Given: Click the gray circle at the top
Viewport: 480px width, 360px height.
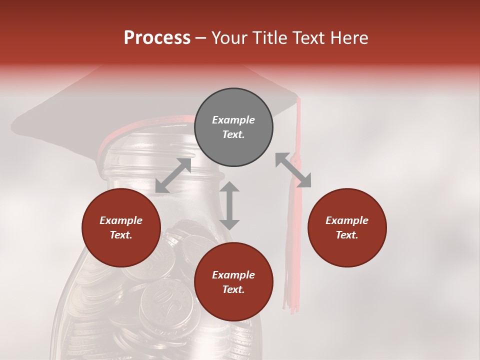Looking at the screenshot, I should click(x=233, y=127).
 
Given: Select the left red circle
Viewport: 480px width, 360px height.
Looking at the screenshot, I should click(x=121, y=227).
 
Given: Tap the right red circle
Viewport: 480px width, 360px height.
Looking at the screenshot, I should click(x=347, y=227).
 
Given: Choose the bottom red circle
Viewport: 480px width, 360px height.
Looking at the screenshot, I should click(x=233, y=282).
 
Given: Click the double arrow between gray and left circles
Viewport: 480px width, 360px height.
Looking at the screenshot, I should click(x=173, y=175).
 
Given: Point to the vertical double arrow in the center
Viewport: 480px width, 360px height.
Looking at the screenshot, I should click(x=229, y=205).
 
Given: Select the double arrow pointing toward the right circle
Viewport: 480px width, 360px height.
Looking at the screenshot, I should click(x=293, y=170).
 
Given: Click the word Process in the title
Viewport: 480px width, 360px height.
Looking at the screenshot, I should click(x=157, y=37).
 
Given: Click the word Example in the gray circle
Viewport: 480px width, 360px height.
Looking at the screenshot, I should click(x=233, y=120).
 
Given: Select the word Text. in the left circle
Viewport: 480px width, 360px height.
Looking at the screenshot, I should click(x=121, y=235).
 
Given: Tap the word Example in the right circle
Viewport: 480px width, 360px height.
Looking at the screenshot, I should click(x=347, y=220).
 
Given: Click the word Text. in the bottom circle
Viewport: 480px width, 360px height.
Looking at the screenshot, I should click(x=233, y=289).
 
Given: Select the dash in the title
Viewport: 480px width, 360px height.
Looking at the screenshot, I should click(x=201, y=38).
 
